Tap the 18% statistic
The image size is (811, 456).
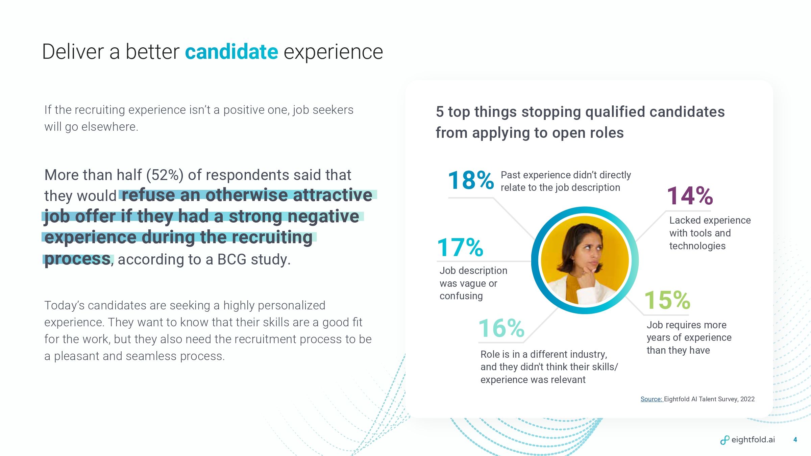(471, 180)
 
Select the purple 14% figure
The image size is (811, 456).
(690, 196)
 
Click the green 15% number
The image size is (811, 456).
(667, 300)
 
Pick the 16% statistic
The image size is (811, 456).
(501, 328)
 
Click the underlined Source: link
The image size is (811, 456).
(652, 399)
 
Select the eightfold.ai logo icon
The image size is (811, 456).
(724, 440)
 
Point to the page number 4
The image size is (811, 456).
(795, 439)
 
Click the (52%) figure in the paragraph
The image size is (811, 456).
(165, 175)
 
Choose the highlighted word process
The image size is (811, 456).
(77, 259)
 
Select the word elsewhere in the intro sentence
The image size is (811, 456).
(109, 127)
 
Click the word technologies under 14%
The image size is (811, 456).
(697, 246)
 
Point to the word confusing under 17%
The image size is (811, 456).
(461, 296)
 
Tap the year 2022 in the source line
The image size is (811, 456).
(747, 399)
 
